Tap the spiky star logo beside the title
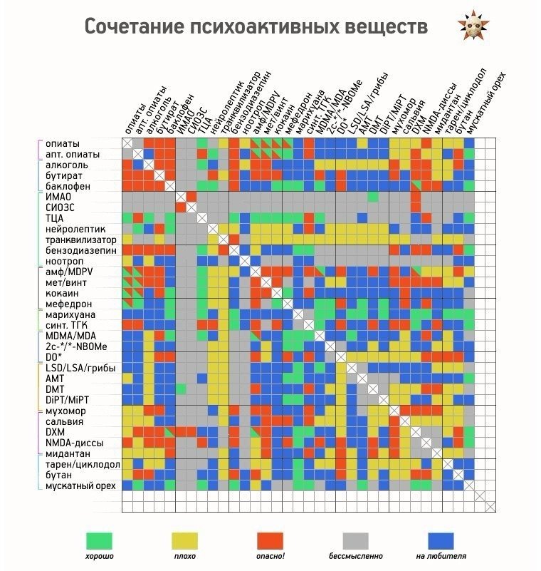[x=473, y=26]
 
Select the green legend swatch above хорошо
[x=99, y=541]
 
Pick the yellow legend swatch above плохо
[x=184, y=541]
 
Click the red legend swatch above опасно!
[x=270, y=541]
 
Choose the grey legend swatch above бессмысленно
[x=356, y=541]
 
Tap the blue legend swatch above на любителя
[x=441, y=541]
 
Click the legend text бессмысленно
[x=356, y=556]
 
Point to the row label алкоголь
[x=67, y=165]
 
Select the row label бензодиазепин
[x=81, y=250]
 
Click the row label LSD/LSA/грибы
[x=80, y=368]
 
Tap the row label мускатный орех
[x=80, y=485]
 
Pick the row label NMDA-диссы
[x=74, y=443]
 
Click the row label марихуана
[x=70, y=314]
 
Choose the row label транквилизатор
[x=81, y=240]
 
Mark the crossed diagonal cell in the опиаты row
[x=127, y=143]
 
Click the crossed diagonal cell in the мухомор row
[x=394, y=411]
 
